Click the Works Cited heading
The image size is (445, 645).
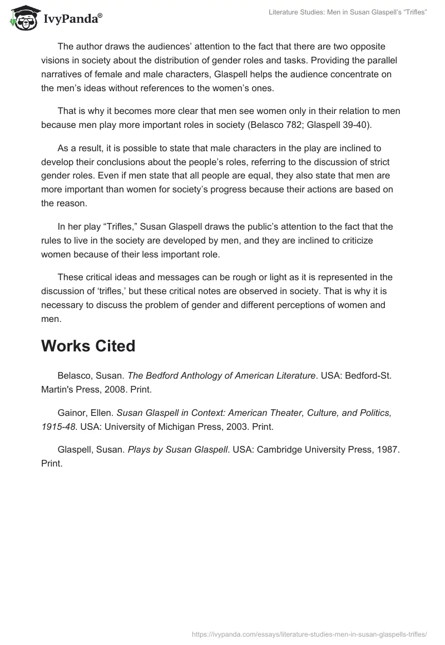[88, 346]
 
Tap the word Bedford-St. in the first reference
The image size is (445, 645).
[368, 375]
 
